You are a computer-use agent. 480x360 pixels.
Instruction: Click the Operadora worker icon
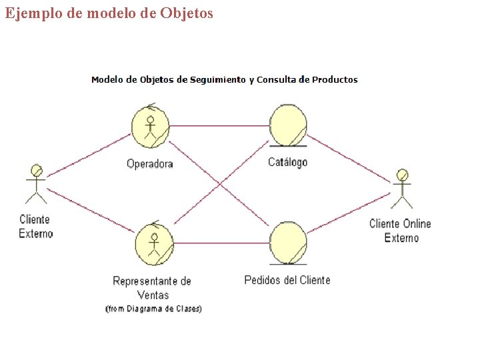tap(151, 127)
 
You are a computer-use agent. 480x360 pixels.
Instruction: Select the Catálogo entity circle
tap(288, 125)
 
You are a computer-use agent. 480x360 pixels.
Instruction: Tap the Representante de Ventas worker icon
tap(154, 243)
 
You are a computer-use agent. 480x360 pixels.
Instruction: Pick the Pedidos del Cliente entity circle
tap(288, 243)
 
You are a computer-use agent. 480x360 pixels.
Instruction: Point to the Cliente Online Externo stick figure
tap(401, 189)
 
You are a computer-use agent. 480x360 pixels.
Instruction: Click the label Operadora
tap(150, 164)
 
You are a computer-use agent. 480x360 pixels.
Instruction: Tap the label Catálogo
tap(288, 162)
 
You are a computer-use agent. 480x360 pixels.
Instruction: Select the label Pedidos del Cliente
tap(287, 280)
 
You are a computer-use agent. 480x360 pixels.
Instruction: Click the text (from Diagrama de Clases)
tap(153, 309)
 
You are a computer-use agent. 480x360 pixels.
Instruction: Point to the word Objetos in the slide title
tap(187, 13)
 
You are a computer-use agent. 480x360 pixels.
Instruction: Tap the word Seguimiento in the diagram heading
tap(218, 80)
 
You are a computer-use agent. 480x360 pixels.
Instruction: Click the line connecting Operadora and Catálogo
tap(220, 125)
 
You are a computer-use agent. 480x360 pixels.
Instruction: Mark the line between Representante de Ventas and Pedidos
tap(221, 243)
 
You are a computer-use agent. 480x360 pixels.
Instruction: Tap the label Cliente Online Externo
tap(401, 231)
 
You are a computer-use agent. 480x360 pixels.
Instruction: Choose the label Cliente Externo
tap(35, 226)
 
